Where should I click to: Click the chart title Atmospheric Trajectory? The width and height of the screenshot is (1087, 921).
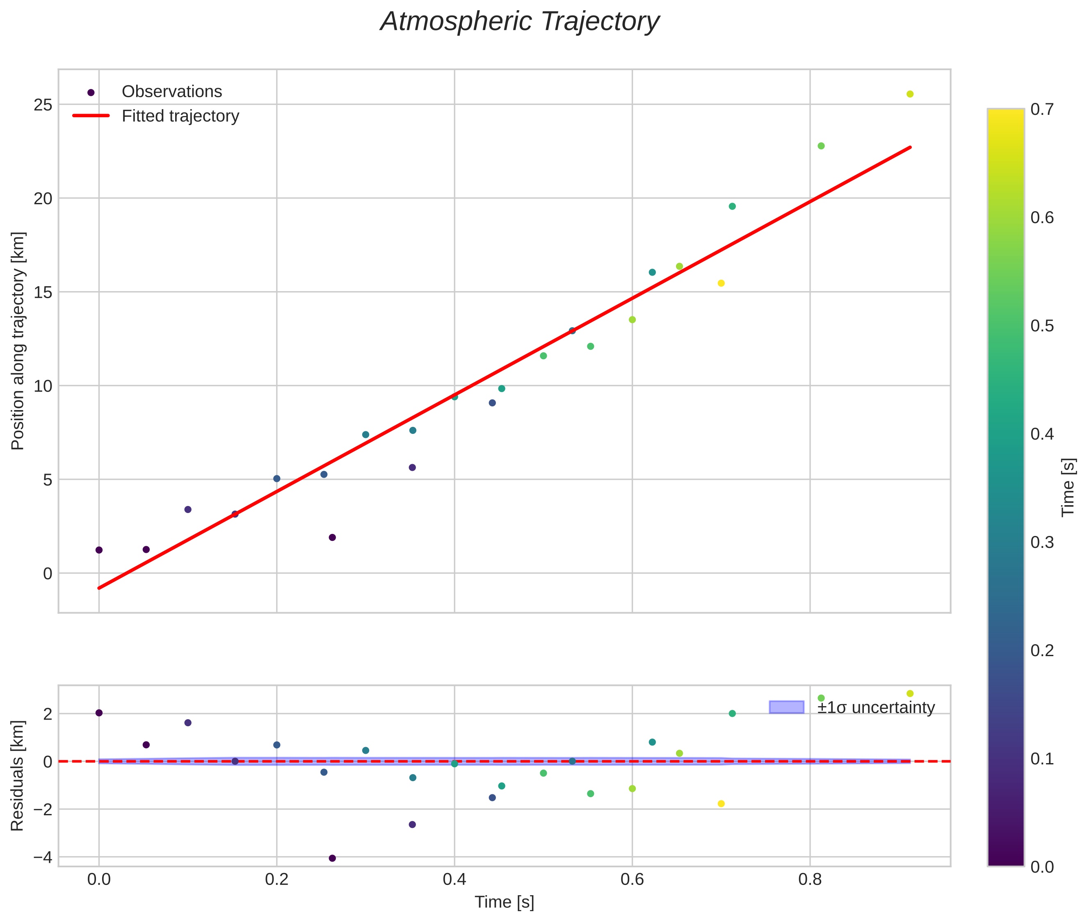pyautogui.click(x=519, y=22)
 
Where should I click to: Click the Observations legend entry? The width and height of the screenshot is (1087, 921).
pyautogui.click(x=171, y=92)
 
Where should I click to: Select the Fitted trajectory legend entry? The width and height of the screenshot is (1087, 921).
pyautogui.click(x=180, y=116)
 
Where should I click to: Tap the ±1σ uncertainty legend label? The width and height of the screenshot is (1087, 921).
pyautogui.click(x=875, y=708)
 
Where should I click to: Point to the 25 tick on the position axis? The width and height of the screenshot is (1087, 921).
pyautogui.click(x=43, y=105)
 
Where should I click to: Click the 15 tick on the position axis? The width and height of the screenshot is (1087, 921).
pyautogui.click(x=43, y=292)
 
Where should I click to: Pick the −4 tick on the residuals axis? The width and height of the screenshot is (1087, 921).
pyautogui.click(x=43, y=857)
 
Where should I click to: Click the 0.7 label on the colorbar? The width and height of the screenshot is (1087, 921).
pyautogui.click(x=1041, y=109)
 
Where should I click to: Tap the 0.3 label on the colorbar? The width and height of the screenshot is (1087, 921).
pyautogui.click(x=1041, y=543)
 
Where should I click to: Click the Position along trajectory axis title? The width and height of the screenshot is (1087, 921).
pyautogui.click(x=18, y=341)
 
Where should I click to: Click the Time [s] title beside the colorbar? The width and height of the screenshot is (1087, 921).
pyautogui.click(x=1069, y=487)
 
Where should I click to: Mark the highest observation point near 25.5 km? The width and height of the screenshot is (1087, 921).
pyautogui.click(x=910, y=94)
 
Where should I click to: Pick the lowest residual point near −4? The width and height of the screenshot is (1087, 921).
pyautogui.click(x=332, y=858)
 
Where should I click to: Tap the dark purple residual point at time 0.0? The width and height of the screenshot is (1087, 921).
pyautogui.click(x=99, y=713)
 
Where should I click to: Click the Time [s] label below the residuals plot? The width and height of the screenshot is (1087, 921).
pyautogui.click(x=504, y=902)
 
